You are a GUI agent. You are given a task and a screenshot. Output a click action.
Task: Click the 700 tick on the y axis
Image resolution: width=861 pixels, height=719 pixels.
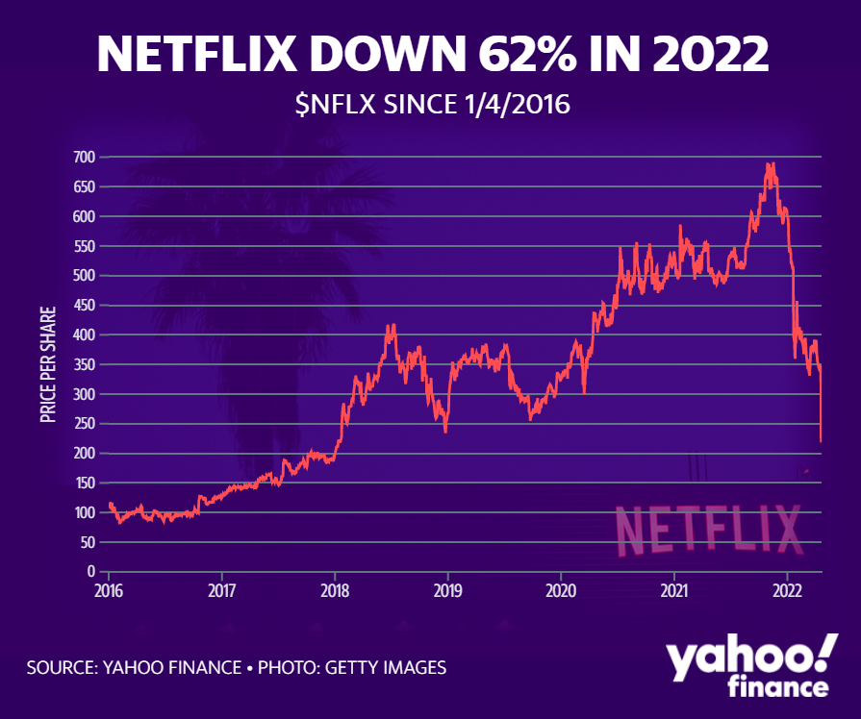84,157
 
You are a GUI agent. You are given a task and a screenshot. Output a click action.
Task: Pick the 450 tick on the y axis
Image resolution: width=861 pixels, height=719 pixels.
84,306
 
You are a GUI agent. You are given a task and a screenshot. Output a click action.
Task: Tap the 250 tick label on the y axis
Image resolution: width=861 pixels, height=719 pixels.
84,424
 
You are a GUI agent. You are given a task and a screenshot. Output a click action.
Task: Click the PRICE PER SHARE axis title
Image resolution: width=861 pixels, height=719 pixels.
48,365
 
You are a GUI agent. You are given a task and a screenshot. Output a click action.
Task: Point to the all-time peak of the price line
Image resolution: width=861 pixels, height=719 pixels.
769,164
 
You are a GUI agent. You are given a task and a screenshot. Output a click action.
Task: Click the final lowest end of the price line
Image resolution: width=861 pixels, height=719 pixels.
821,440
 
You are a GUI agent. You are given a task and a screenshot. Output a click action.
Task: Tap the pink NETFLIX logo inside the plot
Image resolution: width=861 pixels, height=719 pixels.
707,530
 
